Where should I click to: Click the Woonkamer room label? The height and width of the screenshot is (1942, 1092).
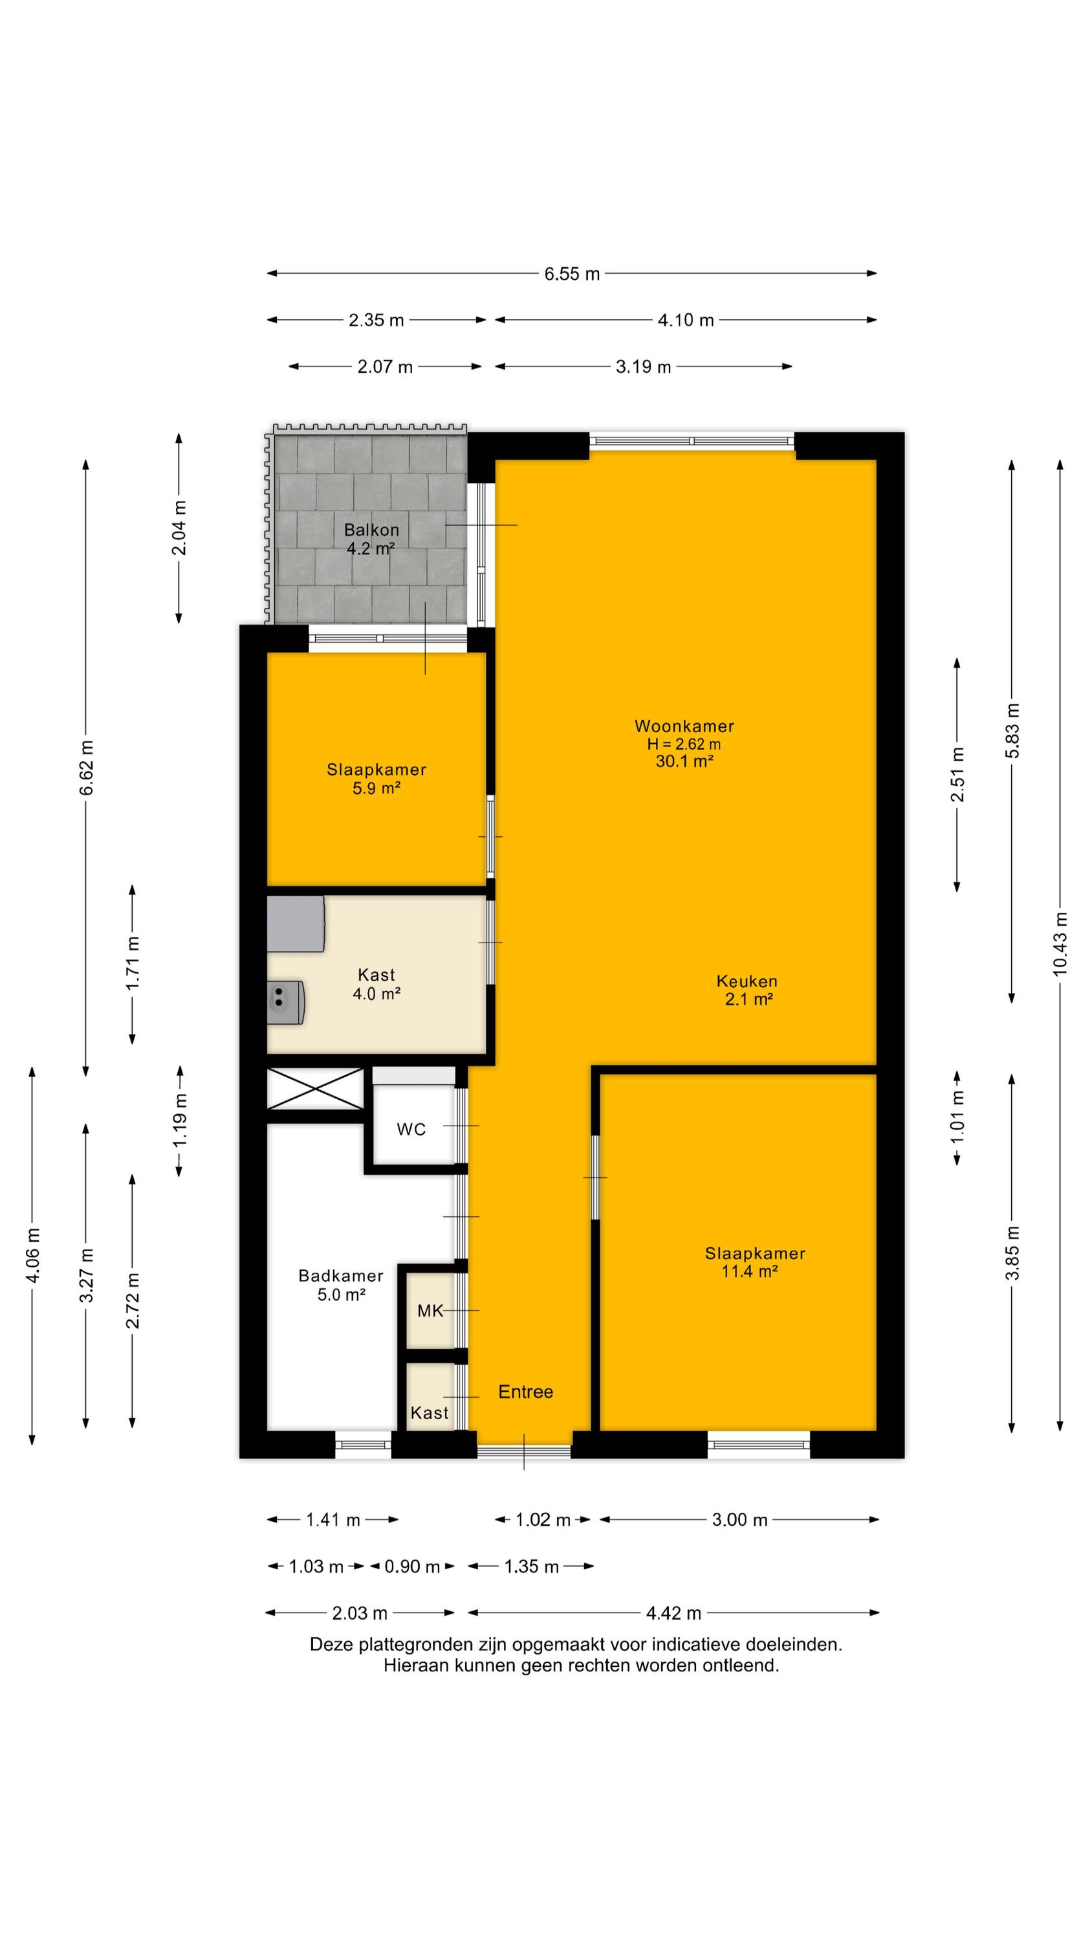tap(684, 726)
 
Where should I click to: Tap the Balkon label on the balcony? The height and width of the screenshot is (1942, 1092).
tap(371, 530)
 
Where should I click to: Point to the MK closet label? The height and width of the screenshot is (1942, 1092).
tap(430, 1311)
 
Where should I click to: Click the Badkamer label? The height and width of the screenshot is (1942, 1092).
tap(341, 1275)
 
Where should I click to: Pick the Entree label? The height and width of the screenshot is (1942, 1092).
tap(526, 1392)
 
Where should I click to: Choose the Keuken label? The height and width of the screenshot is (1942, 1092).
tap(747, 981)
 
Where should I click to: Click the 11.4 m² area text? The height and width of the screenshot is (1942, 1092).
tap(748, 1271)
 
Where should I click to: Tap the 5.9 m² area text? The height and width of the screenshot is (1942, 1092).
tap(376, 788)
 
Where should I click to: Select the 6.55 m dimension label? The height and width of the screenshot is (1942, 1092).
tap(572, 274)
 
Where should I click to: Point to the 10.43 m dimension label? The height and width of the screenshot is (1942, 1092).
tap(1060, 944)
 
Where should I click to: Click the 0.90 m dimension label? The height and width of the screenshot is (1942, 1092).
tap(412, 1567)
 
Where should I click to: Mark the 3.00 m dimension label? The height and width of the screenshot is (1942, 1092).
tap(740, 1520)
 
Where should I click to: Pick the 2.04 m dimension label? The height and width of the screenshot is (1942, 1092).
tap(179, 527)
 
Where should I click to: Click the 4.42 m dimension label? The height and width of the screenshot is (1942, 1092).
tap(673, 1613)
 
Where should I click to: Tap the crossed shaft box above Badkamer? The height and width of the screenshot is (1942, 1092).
tap(316, 1089)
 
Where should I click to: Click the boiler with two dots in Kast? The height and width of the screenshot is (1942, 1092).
tap(286, 1003)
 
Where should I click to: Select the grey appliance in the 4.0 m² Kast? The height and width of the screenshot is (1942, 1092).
tap(296, 924)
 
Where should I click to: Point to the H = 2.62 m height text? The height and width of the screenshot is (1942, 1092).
tap(684, 744)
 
